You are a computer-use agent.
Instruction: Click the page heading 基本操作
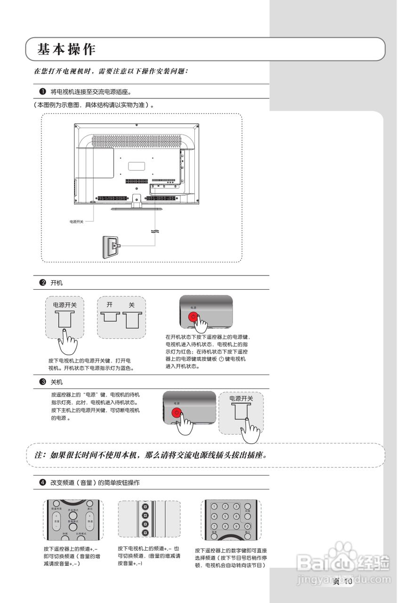point(66,49)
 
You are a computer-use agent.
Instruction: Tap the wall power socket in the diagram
point(108,246)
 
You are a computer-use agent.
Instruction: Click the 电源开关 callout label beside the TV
point(76,221)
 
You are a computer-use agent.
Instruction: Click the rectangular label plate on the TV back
point(136,166)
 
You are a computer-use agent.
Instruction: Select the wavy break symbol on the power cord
point(154,232)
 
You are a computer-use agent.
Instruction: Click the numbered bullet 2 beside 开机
point(42,283)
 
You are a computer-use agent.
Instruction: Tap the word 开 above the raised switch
point(110,305)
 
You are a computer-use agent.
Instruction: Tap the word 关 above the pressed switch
point(132,305)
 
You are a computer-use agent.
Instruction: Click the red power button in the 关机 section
point(177,413)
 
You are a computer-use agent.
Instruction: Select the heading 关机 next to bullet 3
point(56,382)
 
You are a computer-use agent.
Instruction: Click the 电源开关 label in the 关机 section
point(241,399)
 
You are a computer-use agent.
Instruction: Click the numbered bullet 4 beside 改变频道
point(42,482)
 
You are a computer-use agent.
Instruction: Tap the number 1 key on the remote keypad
point(214,506)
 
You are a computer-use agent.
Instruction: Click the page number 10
point(348,582)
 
